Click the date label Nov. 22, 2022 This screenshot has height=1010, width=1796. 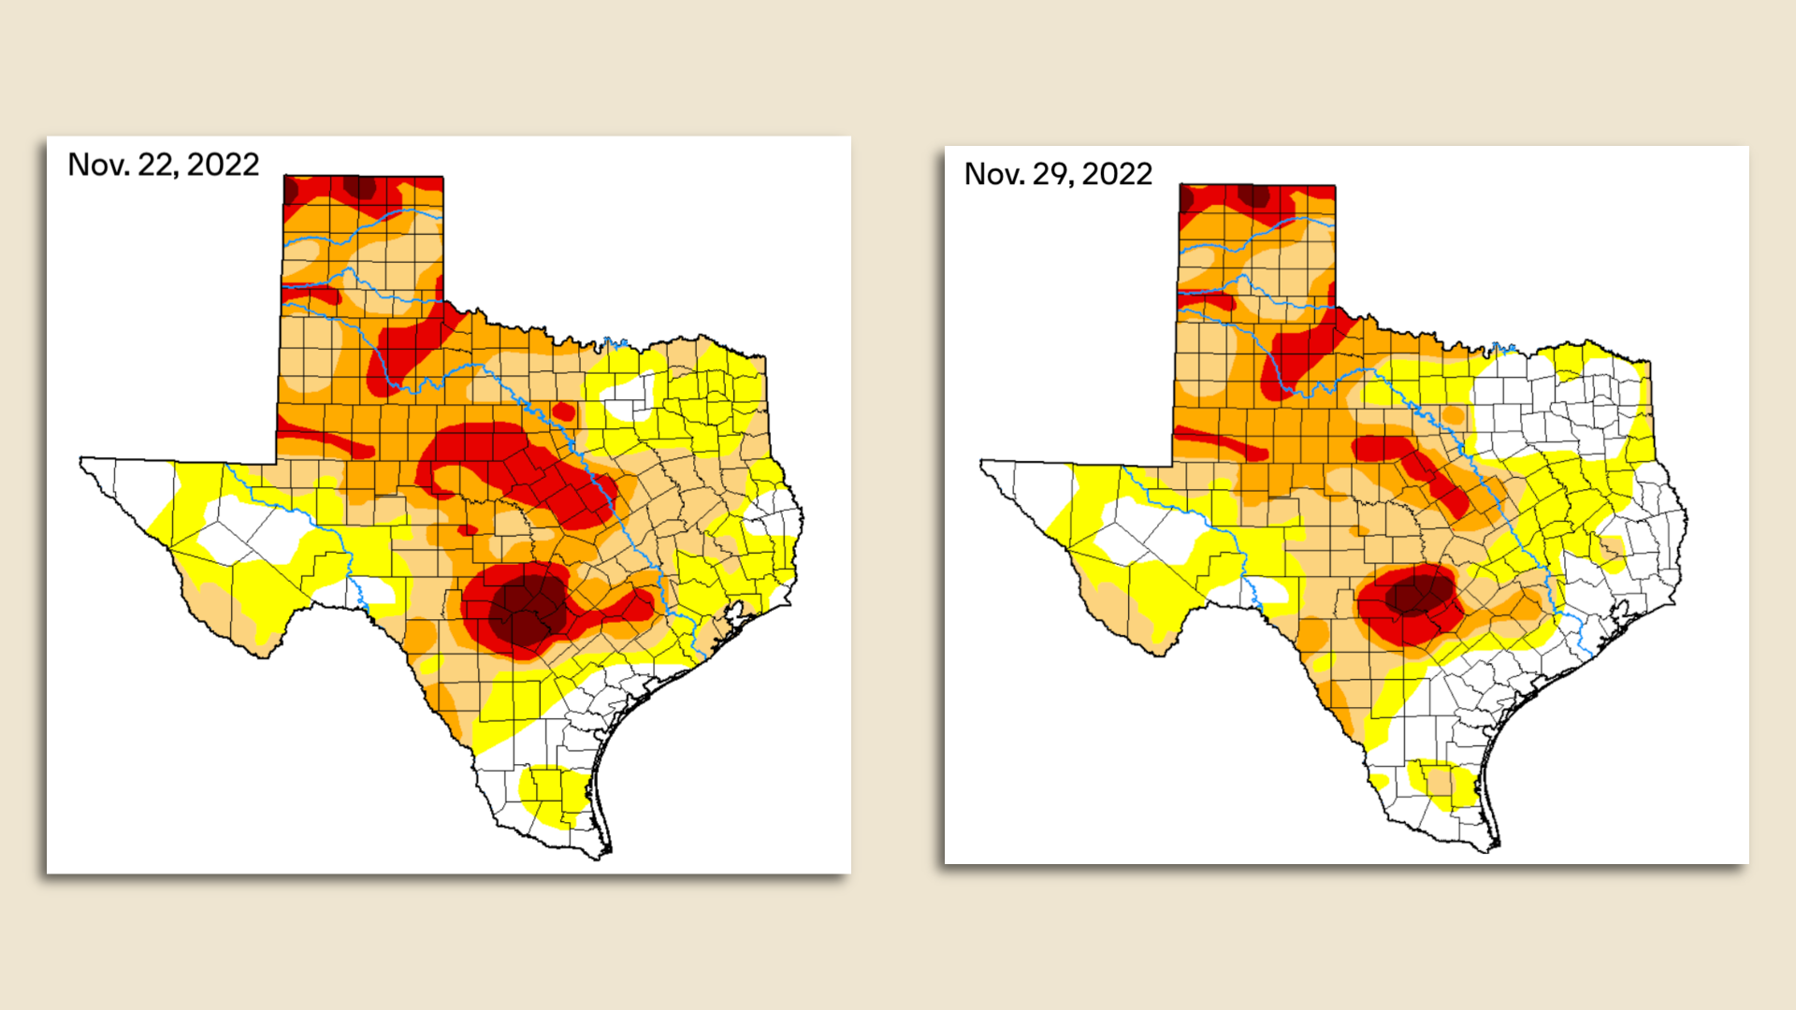[x=163, y=165]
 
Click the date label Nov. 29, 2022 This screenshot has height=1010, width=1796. [x=1058, y=174]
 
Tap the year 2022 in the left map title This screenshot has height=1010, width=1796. [x=223, y=165]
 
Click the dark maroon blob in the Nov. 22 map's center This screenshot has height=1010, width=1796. [x=529, y=608]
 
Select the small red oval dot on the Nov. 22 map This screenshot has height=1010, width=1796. [x=563, y=411]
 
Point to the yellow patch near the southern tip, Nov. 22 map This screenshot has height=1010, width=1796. [x=557, y=795]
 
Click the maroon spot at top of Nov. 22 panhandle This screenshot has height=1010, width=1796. [x=359, y=187]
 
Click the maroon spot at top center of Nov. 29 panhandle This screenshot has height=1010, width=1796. [x=1253, y=196]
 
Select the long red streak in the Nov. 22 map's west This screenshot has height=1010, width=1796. [x=327, y=440]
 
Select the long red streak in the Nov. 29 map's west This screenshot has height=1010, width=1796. [x=1221, y=442]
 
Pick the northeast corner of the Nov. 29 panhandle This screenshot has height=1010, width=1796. [x=1334, y=187]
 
